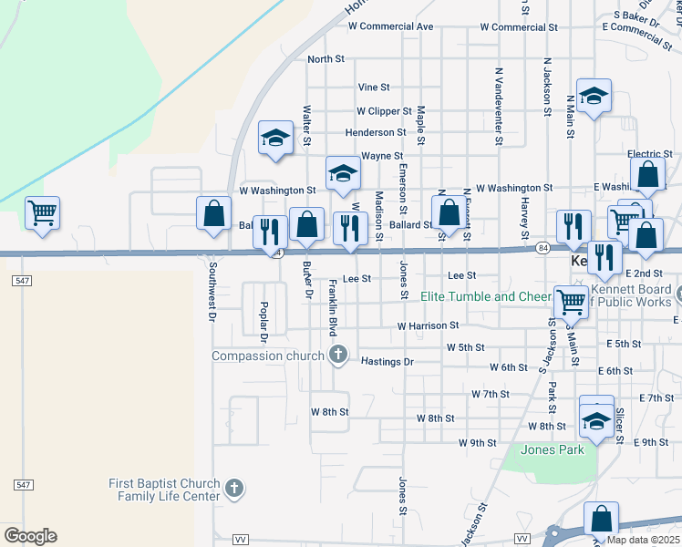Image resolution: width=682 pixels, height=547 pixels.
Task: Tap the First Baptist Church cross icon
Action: point(234,490)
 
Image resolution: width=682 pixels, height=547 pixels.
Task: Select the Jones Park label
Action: point(552,450)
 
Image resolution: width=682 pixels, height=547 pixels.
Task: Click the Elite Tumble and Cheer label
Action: point(486,296)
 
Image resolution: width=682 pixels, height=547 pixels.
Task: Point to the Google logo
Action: point(30,536)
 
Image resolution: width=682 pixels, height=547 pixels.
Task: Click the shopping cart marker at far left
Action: point(42,214)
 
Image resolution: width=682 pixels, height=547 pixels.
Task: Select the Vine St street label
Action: point(374,88)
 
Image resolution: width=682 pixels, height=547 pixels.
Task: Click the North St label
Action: point(325,59)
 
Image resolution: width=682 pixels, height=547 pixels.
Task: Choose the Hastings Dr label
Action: point(387,362)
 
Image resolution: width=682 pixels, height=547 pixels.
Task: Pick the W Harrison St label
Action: point(427,325)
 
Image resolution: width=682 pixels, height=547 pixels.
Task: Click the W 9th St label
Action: point(477,443)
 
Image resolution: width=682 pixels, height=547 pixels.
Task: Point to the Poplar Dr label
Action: point(263,321)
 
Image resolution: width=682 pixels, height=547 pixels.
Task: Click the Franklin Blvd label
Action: point(333,305)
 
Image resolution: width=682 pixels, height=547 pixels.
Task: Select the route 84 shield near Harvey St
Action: point(542,247)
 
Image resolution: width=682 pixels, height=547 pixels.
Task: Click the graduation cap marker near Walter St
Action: point(274,139)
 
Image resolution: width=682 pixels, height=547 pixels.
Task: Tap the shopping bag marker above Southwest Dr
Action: point(213,214)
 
